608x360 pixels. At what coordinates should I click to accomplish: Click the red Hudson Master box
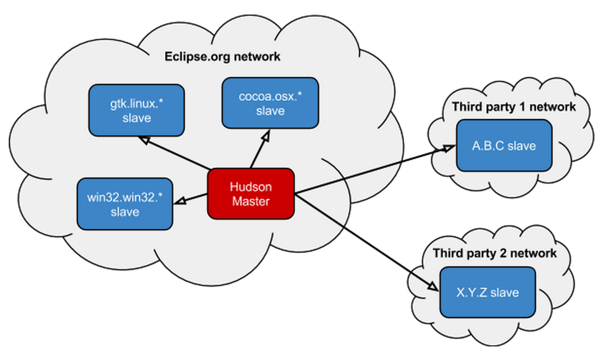click(251, 194)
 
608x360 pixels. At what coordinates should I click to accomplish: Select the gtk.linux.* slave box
click(136, 110)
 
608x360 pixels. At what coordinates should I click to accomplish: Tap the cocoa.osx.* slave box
click(270, 103)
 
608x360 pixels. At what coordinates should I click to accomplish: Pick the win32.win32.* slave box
click(125, 204)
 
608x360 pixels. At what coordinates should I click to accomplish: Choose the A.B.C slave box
click(504, 145)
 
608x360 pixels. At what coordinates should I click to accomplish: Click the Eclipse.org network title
click(221, 56)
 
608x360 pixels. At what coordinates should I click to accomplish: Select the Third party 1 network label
click(514, 107)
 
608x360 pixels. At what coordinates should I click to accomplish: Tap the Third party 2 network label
click(495, 253)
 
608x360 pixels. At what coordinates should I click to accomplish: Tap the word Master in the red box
click(250, 200)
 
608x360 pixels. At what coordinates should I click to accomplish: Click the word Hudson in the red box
click(250, 187)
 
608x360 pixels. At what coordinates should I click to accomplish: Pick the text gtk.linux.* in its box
click(136, 104)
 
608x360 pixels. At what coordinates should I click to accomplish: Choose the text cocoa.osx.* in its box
click(270, 96)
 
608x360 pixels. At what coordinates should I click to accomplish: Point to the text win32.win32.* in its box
click(125, 198)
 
